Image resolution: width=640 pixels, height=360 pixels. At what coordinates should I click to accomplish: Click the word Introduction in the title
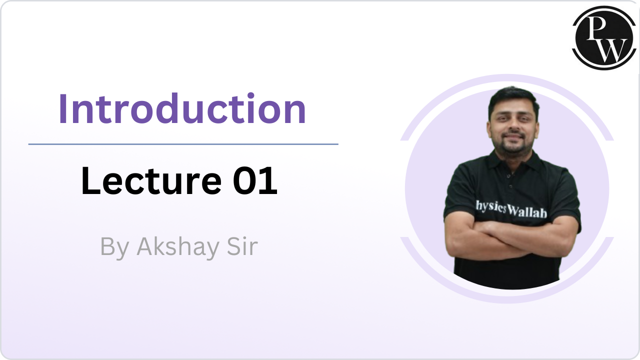(x=182, y=109)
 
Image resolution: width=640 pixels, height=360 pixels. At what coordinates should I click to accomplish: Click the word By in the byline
(x=114, y=246)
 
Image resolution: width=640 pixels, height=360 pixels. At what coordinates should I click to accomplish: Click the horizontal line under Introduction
(x=183, y=144)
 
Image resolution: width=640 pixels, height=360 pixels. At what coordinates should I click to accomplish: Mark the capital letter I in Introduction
(x=63, y=109)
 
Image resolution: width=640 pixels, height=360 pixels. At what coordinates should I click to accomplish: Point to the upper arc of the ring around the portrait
(x=507, y=78)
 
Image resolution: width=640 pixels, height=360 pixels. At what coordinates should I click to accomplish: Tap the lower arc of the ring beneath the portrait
(x=507, y=298)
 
